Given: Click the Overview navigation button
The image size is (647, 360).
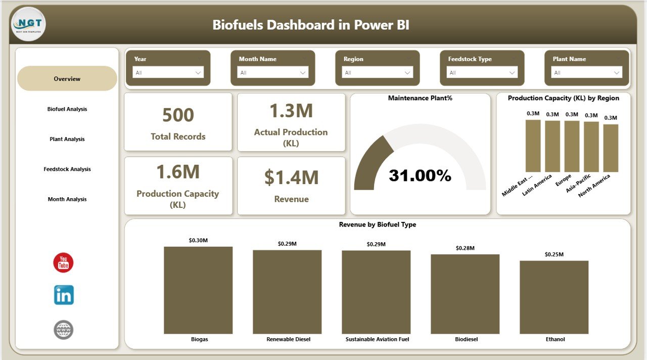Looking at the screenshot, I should click(67, 79).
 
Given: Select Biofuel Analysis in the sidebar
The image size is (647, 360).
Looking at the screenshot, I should click(67, 109).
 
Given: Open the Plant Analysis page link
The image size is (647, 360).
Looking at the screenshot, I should click(67, 139).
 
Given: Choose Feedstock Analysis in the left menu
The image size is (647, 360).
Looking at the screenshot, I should click(67, 169).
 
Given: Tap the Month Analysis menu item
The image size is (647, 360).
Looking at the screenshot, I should click(67, 199).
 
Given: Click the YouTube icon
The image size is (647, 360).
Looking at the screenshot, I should click(64, 263).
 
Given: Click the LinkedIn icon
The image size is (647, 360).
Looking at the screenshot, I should click(64, 295).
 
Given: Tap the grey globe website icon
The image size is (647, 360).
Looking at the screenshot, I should click(64, 330).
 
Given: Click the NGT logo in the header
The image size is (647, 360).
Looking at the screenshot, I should click(28, 24).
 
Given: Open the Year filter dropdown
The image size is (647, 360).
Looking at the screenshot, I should click(168, 73).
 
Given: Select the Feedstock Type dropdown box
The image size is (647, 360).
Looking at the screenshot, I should click(482, 73).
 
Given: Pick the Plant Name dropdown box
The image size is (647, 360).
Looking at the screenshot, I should click(586, 73).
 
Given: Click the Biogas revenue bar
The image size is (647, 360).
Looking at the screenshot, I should click(198, 290).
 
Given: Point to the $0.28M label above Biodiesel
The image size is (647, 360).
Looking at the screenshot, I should click(465, 248).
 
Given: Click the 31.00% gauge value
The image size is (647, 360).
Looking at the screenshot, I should click(420, 175).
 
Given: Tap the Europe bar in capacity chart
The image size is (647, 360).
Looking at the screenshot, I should click(572, 146).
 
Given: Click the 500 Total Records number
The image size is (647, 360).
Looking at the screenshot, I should click(178, 115).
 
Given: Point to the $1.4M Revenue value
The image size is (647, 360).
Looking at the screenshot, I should click(291, 177).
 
